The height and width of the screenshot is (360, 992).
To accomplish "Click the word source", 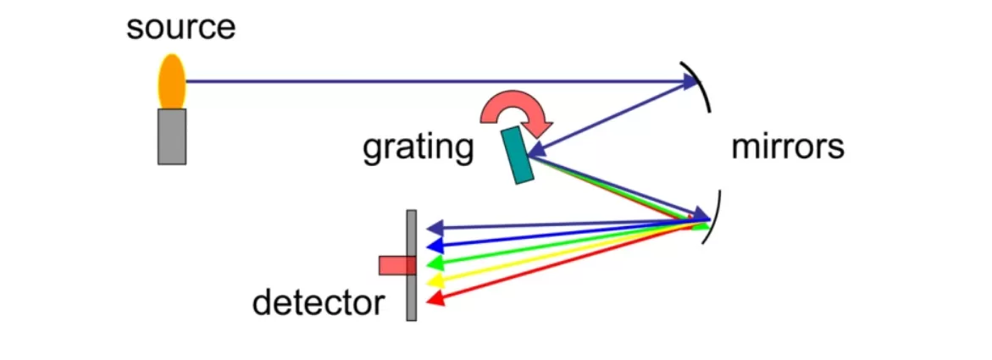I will pos(180,28).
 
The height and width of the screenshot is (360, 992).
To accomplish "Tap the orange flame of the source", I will pos(172,81).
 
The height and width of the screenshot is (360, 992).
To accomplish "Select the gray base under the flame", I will pos(172,136).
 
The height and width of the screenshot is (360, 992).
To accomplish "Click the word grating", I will pos(418,147).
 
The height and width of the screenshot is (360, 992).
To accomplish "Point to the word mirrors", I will pos(788,147).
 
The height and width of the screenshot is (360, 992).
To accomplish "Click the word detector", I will pos(318,302).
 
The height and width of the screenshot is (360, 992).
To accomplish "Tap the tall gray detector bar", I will pos(412,265).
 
